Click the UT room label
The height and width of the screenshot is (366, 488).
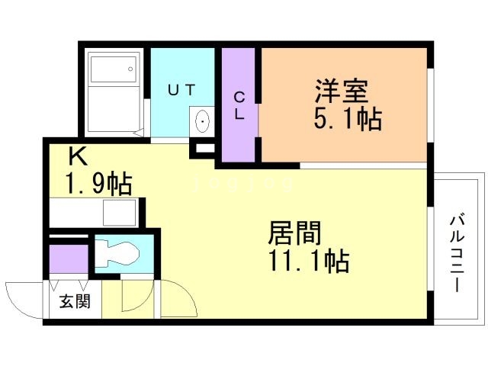click(181, 90)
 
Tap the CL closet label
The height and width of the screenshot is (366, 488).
click(239, 107)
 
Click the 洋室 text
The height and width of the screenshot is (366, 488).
click(342, 91)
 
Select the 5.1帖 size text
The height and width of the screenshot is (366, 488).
click(348, 118)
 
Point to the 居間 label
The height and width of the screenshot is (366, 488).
click(295, 233)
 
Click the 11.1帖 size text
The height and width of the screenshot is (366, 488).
click(308, 261)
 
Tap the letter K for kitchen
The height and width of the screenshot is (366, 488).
click(78, 156)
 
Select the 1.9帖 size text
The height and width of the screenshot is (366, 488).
click(98, 184)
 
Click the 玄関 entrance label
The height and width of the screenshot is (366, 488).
click(75, 301)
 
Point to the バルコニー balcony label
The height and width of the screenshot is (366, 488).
click(457, 254)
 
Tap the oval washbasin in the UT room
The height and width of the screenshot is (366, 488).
click(203, 121)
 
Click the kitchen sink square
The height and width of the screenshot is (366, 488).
click(120, 212)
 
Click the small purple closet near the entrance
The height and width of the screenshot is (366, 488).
click(69, 259)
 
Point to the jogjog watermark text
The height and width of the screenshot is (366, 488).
click(243, 183)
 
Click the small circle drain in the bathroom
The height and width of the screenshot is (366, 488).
click(130, 69)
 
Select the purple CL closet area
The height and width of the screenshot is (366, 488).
click(239, 105)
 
